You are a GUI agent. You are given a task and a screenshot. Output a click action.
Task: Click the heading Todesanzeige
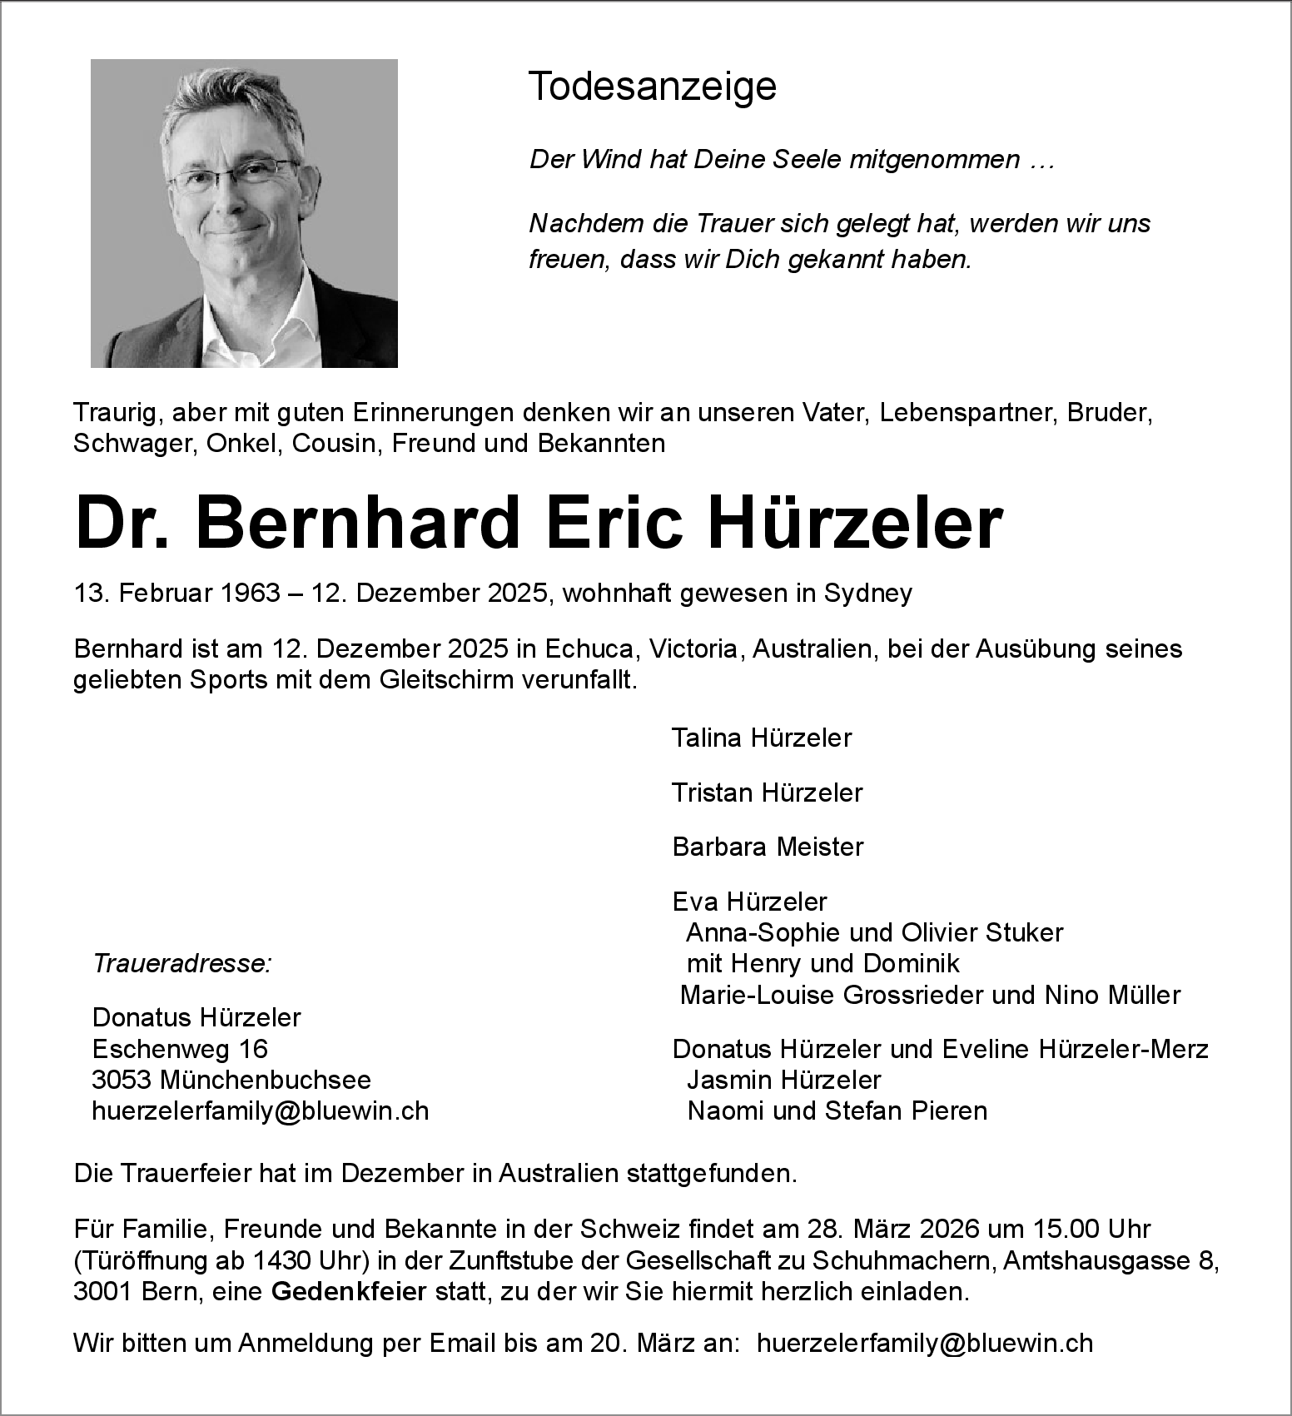tap(652, 87)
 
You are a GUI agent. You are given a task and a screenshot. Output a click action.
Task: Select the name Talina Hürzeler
tap(761, 738)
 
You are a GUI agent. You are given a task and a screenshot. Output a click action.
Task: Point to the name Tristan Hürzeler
tap(767, 792)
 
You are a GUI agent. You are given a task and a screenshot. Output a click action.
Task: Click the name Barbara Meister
tap(768, 847)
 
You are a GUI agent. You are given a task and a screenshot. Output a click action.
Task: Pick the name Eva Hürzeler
tap(749, 902)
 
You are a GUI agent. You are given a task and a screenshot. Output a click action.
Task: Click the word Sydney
tap(867, 593)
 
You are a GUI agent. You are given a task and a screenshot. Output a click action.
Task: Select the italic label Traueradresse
tap(181, 963)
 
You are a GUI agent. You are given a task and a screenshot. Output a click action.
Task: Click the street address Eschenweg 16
tap(180, 1049)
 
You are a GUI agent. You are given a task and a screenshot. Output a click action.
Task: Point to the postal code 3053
tap(121, 1080)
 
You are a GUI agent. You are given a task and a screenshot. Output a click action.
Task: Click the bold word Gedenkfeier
tap(349, 1292)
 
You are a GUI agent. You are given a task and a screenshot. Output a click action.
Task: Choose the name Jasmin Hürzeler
tap(783, 1080)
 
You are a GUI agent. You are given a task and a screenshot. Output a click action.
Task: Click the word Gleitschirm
tap(445, 680)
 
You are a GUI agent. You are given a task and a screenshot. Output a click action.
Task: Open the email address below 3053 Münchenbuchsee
tap(260, 1110)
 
